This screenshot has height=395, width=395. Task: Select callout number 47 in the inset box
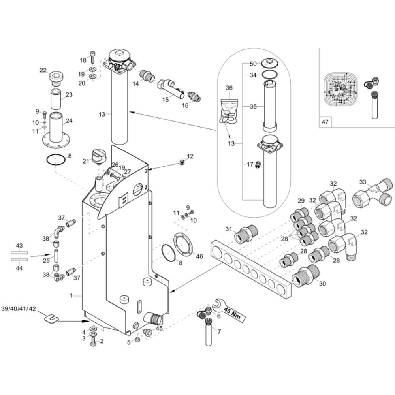(x=325, y=122)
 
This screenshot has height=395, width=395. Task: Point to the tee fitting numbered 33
(x=371, y=192)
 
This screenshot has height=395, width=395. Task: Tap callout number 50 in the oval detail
(x=253, y=64)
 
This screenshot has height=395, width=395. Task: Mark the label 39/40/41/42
(x=19, y=308)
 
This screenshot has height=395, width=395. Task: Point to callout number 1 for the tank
(x=71, y=295)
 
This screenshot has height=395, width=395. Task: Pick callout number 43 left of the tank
(x=19, y=245)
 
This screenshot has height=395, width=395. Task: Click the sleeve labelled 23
(x=55, y=100)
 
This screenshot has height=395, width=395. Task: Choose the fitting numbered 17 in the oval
(x=257, y=164)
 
